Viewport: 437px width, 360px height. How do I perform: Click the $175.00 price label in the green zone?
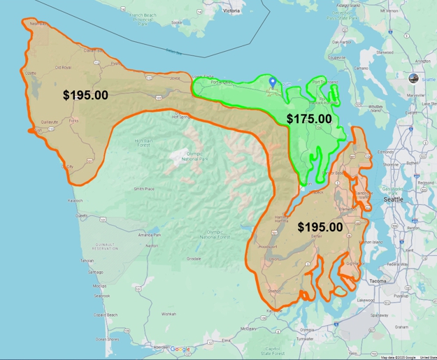(x=309, y=119)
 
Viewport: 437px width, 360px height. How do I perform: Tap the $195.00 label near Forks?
(x=85, y=94)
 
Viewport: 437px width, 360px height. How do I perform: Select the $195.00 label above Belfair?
(x=320, y=226)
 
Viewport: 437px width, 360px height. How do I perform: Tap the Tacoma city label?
(x=377, y=281)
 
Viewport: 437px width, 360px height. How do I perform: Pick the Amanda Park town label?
(x=150, y=236)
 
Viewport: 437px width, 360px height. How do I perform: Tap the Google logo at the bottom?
(x=180, y=349)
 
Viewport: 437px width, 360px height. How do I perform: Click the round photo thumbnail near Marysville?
(x=413, y=78)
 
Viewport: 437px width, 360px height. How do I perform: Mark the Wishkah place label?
(x=169, y=314)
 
